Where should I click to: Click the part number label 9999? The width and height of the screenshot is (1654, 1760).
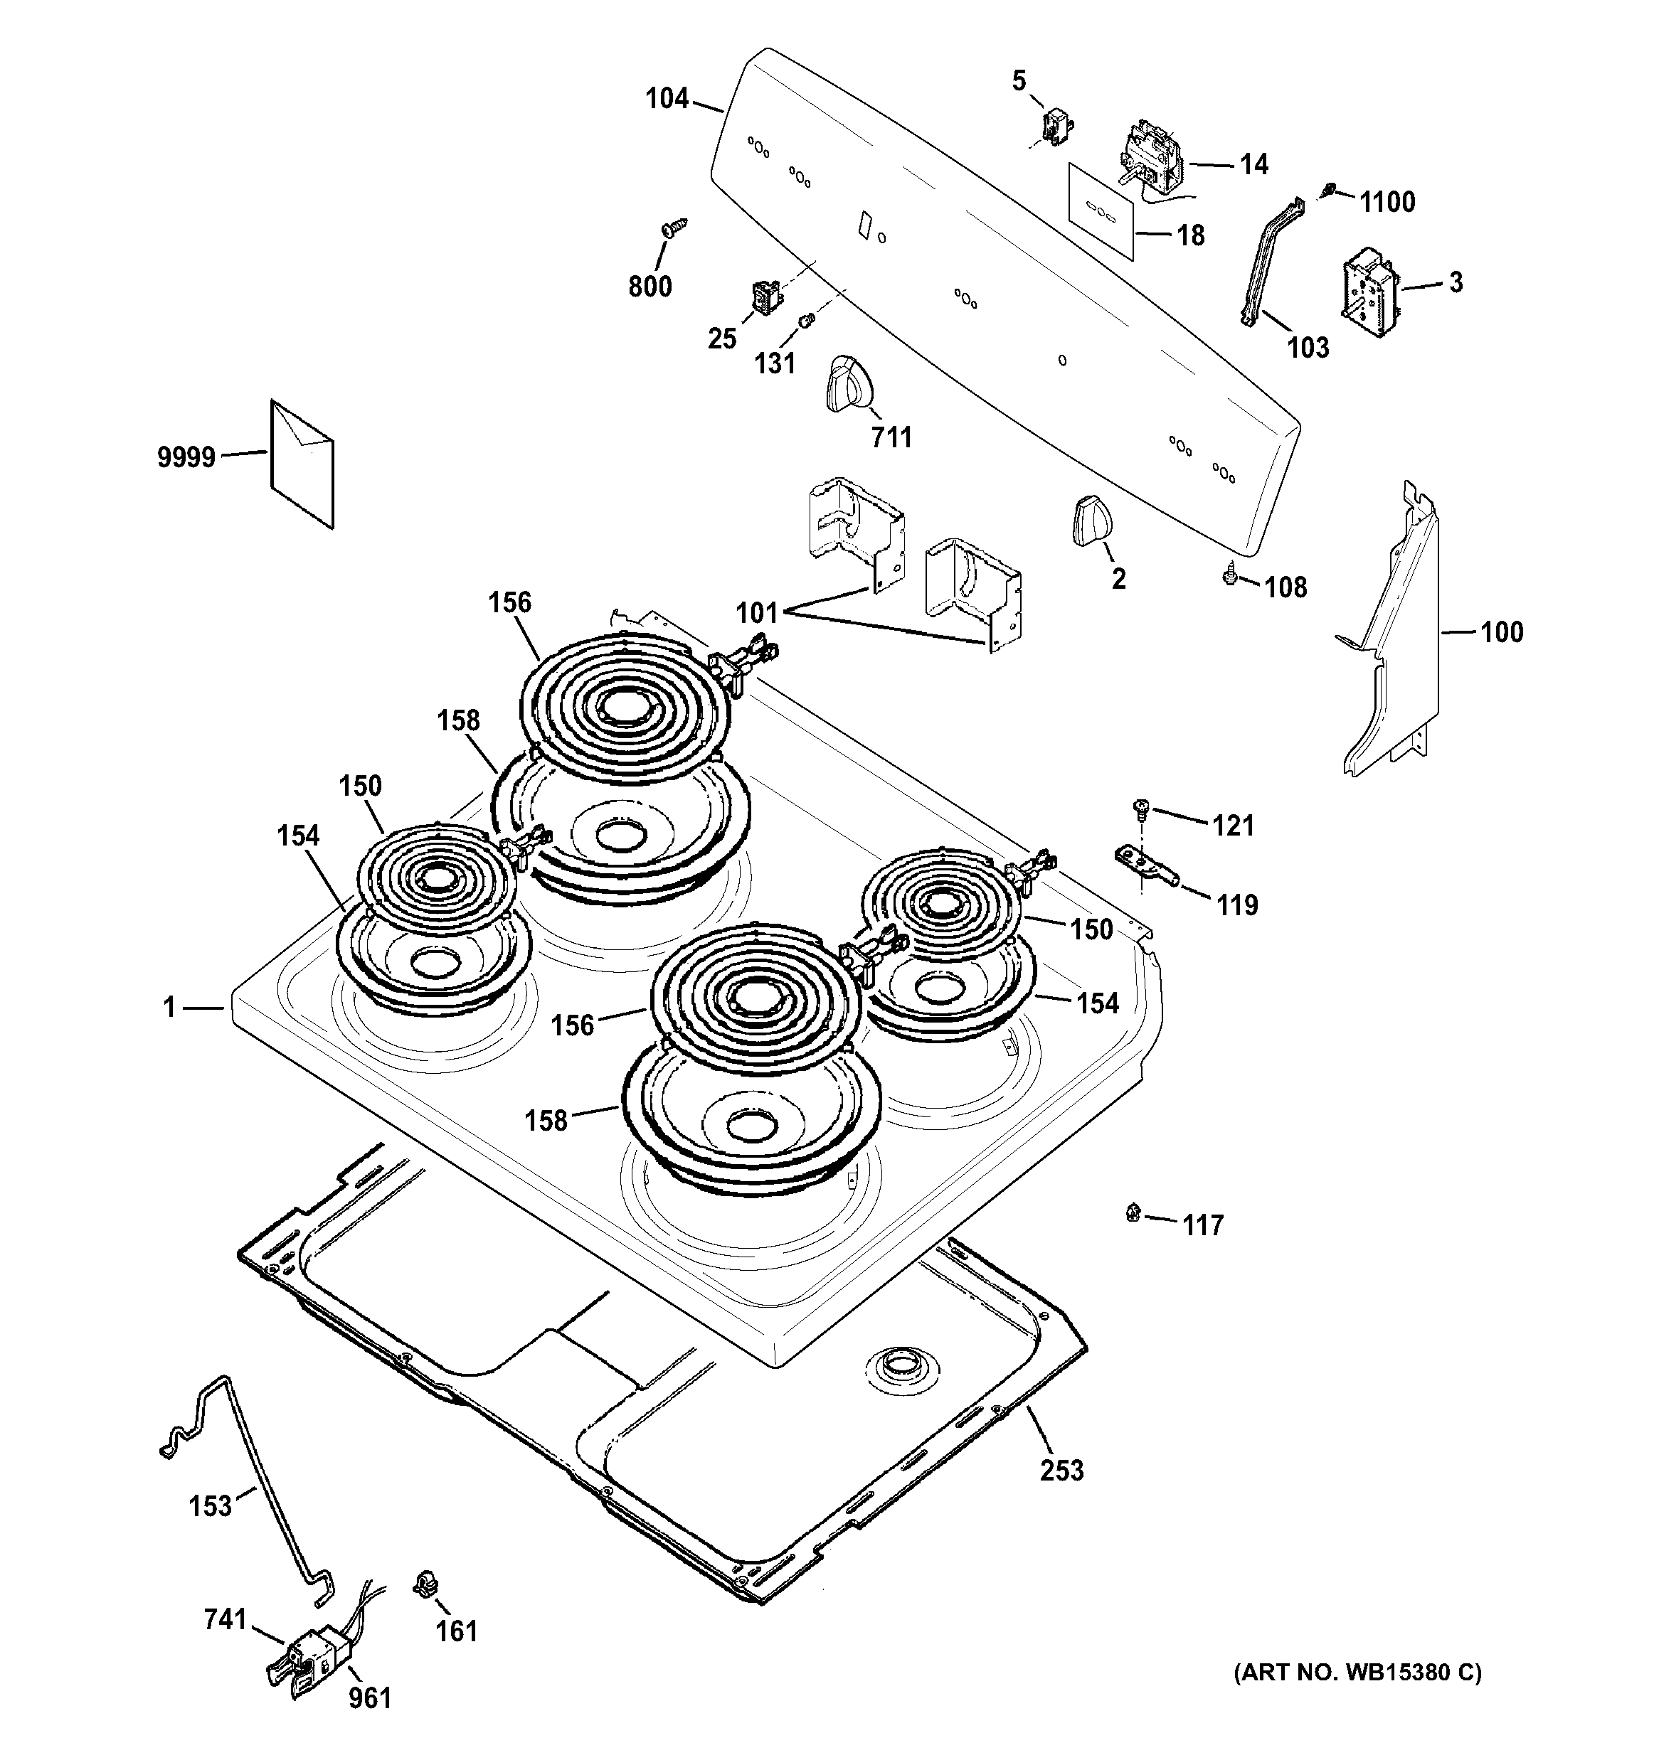click(x=186, y=458)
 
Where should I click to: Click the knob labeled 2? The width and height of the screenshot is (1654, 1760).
click(x=1086, y=521)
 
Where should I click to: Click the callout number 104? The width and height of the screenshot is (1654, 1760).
click(x=667, y=98)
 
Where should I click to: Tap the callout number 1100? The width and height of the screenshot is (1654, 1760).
click(x=1387, y=203)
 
